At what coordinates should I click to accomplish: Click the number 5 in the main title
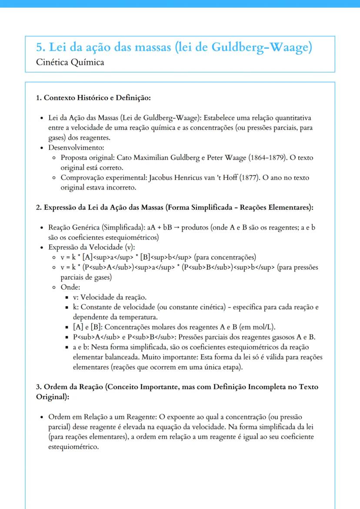coord(40,48)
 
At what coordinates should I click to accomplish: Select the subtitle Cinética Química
coord(70,62)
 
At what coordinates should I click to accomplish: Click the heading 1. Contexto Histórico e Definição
coord(93,98)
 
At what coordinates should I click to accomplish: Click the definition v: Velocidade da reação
coord(110,297)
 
